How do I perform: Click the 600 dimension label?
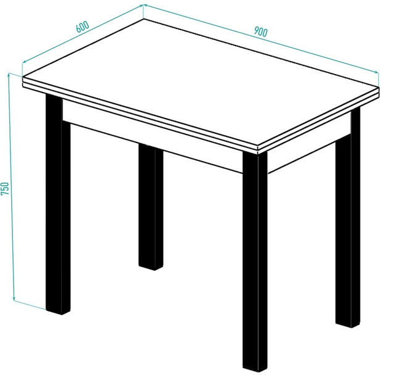[83, 27]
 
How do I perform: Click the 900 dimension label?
[260, 31]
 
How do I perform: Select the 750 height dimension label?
[5, 188]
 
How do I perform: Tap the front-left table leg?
[58, 204]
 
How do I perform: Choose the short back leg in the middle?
[151, 207]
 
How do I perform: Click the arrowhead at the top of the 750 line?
[9, 75]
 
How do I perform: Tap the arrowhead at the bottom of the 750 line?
[14, 299]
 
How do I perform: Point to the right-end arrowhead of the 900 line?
[376, 72]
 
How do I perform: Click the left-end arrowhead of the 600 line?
[24, 62]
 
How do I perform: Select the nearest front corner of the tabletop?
[258, 146]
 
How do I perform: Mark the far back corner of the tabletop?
[144, 19]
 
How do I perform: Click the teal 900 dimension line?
[260, 38]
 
